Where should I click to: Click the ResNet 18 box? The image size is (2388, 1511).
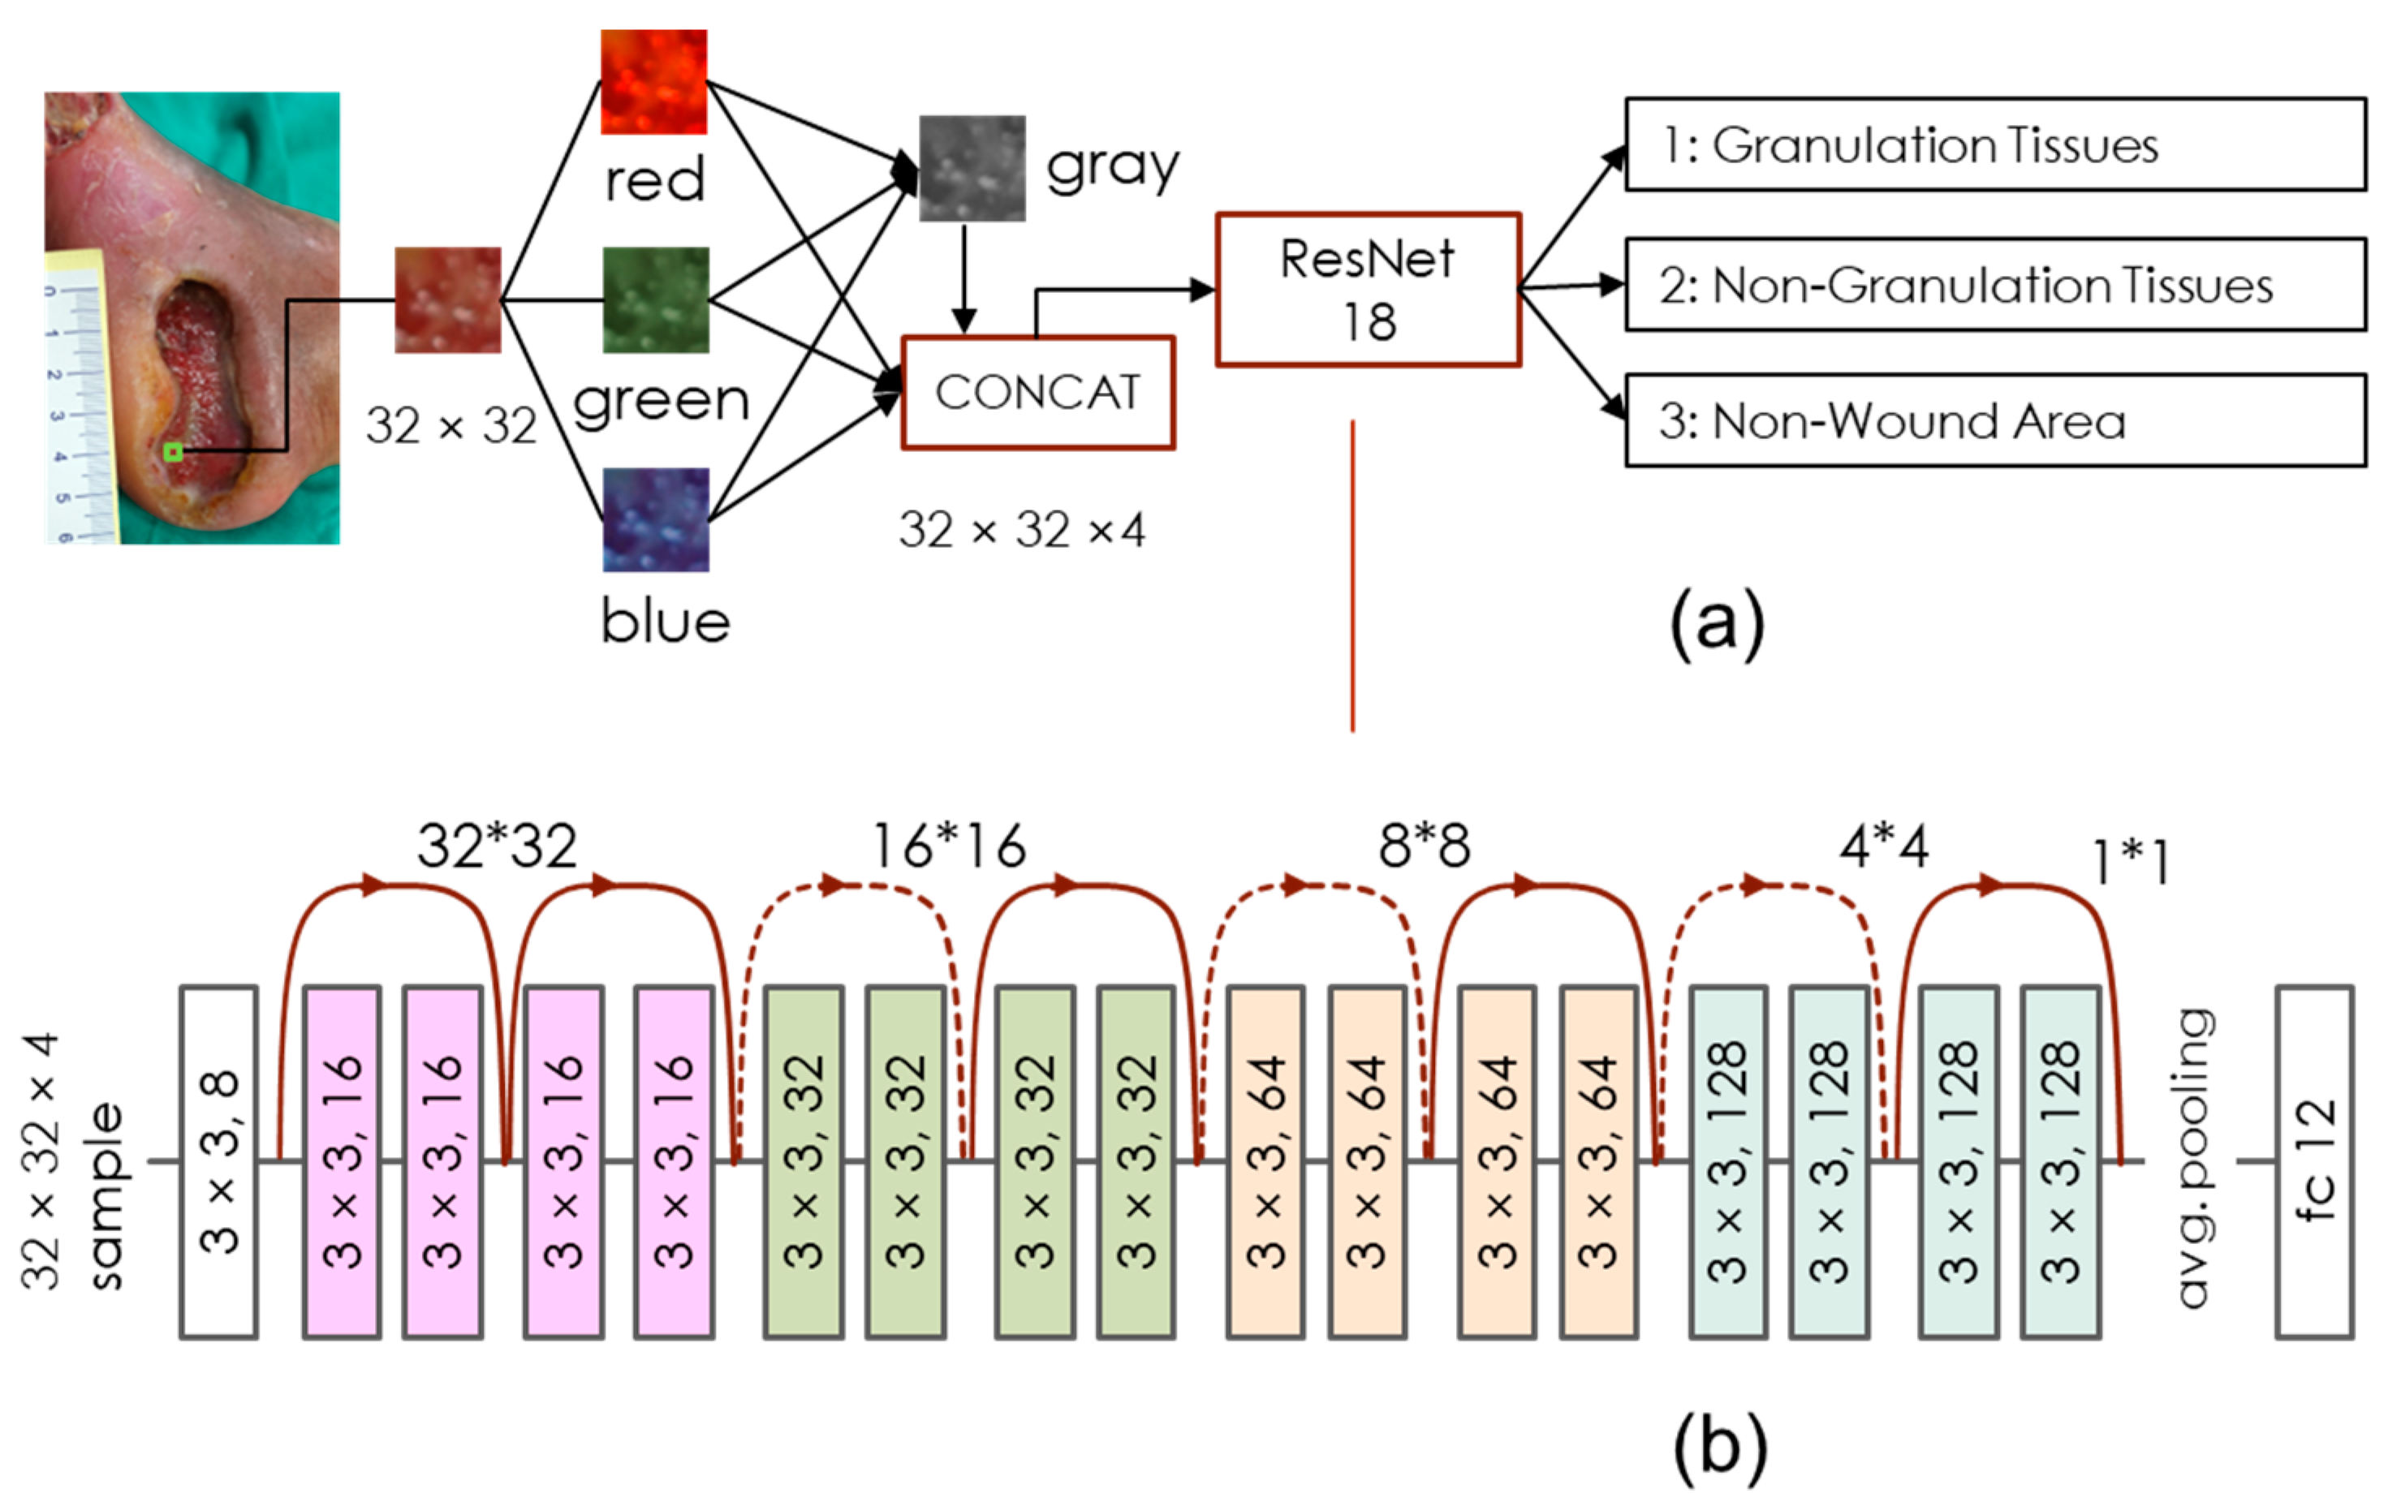(x=1368, y=290)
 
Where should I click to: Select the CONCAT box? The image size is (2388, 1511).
(x=1037, y=393)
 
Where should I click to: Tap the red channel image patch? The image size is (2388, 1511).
(x=653, y=81)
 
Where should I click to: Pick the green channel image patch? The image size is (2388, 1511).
(x=656, y=299)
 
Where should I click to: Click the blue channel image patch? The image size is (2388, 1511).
(x=656, y=519)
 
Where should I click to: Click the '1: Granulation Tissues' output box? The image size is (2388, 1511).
(x=1994, y=144)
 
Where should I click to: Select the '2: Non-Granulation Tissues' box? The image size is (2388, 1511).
(x=1994, y=285)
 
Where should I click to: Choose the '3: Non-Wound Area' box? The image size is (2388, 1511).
(x=1994, y=420)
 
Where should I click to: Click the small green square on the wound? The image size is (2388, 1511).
(x=173, y=452)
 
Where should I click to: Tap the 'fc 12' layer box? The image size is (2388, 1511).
(x=2313, y=1162)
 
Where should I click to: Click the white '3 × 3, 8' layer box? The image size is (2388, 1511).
(x=219, y=1162)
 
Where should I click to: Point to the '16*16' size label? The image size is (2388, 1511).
(x=947, y=846)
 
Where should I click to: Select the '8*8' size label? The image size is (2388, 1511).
(x=1423, y=846)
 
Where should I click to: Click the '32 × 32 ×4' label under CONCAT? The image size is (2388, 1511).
(x=1021, y=531)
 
